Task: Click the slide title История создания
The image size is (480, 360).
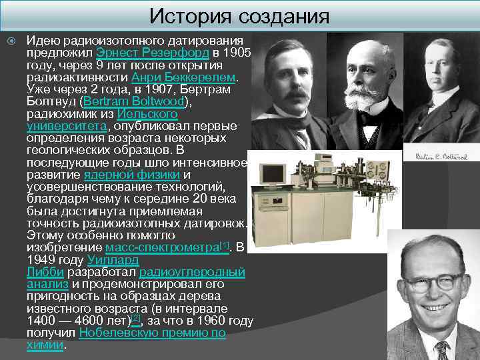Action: tap(239, 15)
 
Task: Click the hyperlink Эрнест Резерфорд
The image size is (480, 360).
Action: tap(153, 53)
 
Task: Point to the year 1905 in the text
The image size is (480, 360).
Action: tap(237, 53)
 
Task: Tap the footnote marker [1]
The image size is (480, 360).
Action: tap(224, 245)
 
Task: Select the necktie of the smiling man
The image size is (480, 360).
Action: tap(441, 349)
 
